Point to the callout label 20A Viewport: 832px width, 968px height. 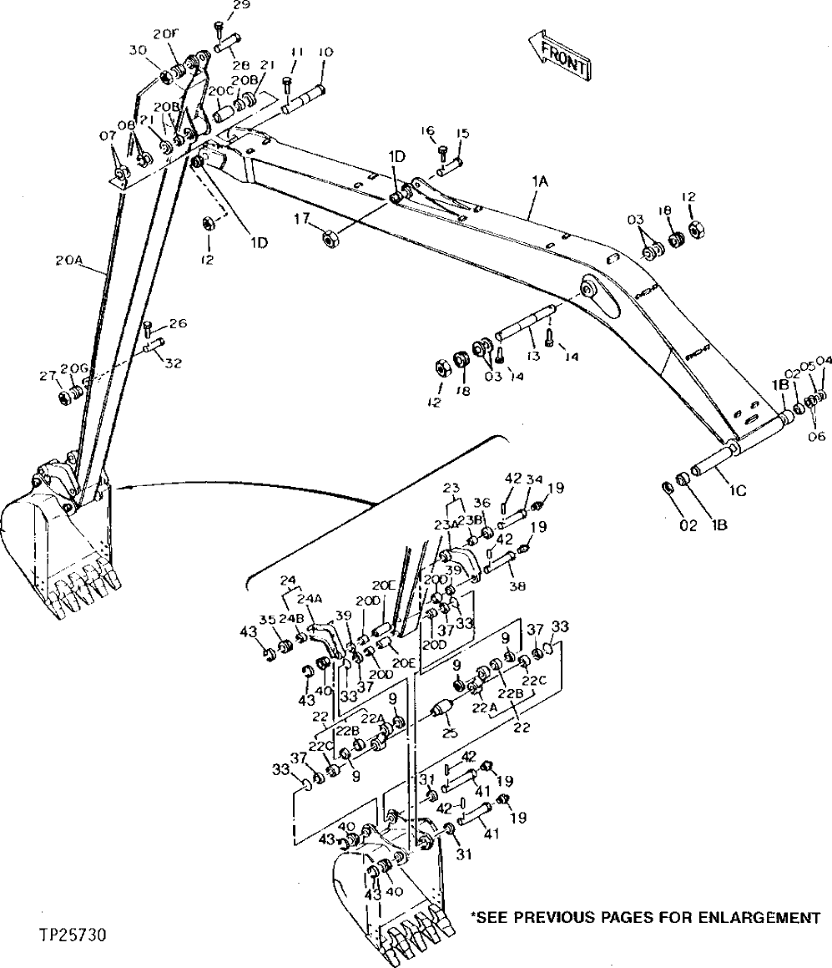click(69, 261)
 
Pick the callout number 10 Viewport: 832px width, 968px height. click(325, 52)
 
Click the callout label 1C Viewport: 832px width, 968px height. click(737, 490)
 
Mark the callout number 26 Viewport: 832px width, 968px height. click(178, 324)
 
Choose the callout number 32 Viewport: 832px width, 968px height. click(174, 363)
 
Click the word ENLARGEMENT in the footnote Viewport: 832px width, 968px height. click(754, 918)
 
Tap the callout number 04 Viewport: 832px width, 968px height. click(824, 362)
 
